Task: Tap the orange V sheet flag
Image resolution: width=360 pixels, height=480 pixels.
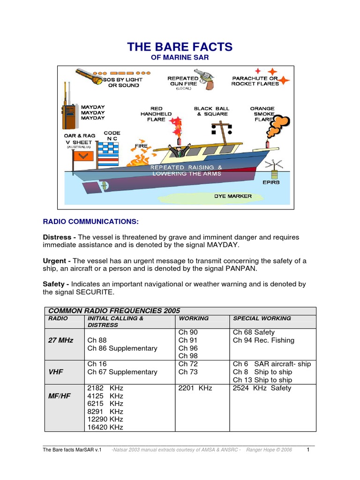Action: (x=82, y=155)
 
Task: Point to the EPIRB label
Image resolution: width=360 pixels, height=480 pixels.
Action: (x=271, y=182)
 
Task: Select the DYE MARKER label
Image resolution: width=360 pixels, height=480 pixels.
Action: (x=233, y=196)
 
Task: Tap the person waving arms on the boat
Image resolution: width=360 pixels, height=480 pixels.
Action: (x=178, y=150)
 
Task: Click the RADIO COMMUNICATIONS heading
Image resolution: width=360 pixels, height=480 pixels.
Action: (x=91, y=221)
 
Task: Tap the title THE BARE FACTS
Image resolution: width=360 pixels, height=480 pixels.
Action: (x=180, y=47)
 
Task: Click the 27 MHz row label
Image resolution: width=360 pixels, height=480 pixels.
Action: (x=61, y=340)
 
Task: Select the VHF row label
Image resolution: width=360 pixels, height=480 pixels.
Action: (x=56, y=372)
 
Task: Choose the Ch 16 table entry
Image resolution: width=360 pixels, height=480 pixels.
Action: (x=97, y=364)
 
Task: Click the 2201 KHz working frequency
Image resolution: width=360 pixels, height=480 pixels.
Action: (x=195, y=388)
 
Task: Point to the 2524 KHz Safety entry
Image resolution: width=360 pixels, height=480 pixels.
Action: (x=262, y=388)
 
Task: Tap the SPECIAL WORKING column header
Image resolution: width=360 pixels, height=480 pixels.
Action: (x=262, y=318)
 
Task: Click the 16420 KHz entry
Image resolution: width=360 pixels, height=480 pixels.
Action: (x=105, y=427)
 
